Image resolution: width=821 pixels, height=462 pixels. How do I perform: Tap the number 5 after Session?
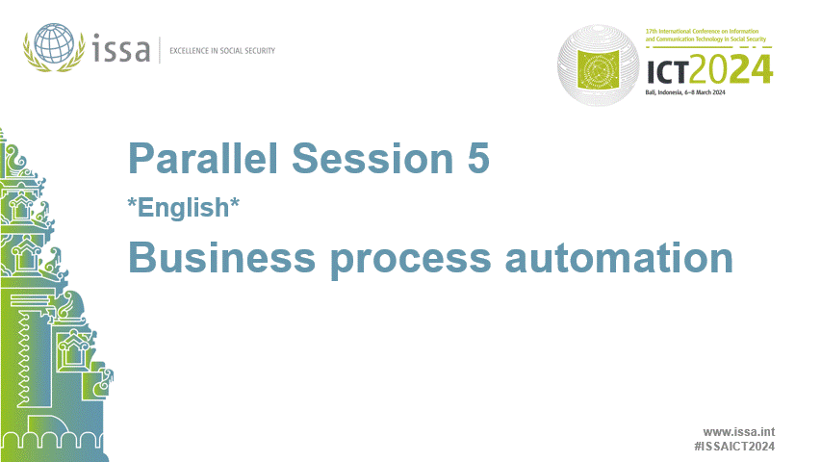[478, 159]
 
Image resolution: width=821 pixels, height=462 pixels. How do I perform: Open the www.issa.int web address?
[739, 432]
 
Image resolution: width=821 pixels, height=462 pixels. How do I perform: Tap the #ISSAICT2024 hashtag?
[734, 447]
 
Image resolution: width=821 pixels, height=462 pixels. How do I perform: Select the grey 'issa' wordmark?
[122, 47]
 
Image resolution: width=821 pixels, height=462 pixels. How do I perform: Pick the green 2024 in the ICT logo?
[738, 69]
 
